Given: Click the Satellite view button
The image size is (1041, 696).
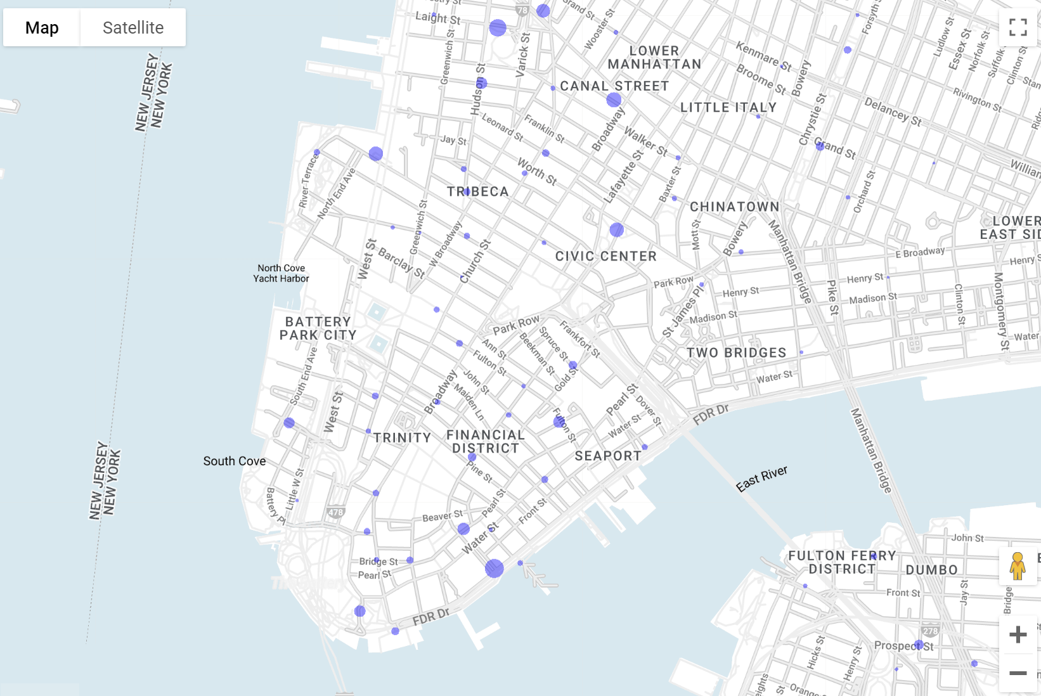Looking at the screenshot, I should [x=133, y=28].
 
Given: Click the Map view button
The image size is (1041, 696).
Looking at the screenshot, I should [x=42, y=28].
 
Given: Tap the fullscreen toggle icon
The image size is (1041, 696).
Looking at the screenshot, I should [x=1018, y=27].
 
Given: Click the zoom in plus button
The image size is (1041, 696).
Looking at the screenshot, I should [x=1018, y=635].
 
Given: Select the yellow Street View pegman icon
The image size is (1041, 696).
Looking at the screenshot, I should [x=1018, y=566].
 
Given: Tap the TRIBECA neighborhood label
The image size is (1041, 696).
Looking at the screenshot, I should [x=478, y=191].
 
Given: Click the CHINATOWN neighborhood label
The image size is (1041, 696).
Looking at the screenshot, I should [x=734, y=207].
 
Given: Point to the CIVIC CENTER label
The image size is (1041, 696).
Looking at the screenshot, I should [x=606, y=256].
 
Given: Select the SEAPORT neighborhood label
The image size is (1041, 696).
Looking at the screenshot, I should [x=608, y=456].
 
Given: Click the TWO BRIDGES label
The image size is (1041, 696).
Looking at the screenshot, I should [x=736, y=352].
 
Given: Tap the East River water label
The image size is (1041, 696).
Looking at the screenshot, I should [x=761, y=479].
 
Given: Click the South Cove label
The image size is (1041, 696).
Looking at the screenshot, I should [x=235, y=461].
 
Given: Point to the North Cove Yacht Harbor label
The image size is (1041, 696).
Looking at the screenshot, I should [x=281, y=273].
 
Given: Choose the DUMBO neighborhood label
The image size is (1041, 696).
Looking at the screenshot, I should [x=931, y=570].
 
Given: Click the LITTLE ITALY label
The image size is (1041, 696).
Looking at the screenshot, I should [x=728, y=108].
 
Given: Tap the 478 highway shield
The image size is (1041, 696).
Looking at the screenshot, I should [x=335, y=512].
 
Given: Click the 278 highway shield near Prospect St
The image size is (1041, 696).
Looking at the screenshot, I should [x=930, y=631].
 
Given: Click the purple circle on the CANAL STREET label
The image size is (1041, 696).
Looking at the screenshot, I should [x=614, y=100].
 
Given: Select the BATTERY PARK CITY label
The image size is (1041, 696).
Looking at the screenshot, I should [x=318, y=328].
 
